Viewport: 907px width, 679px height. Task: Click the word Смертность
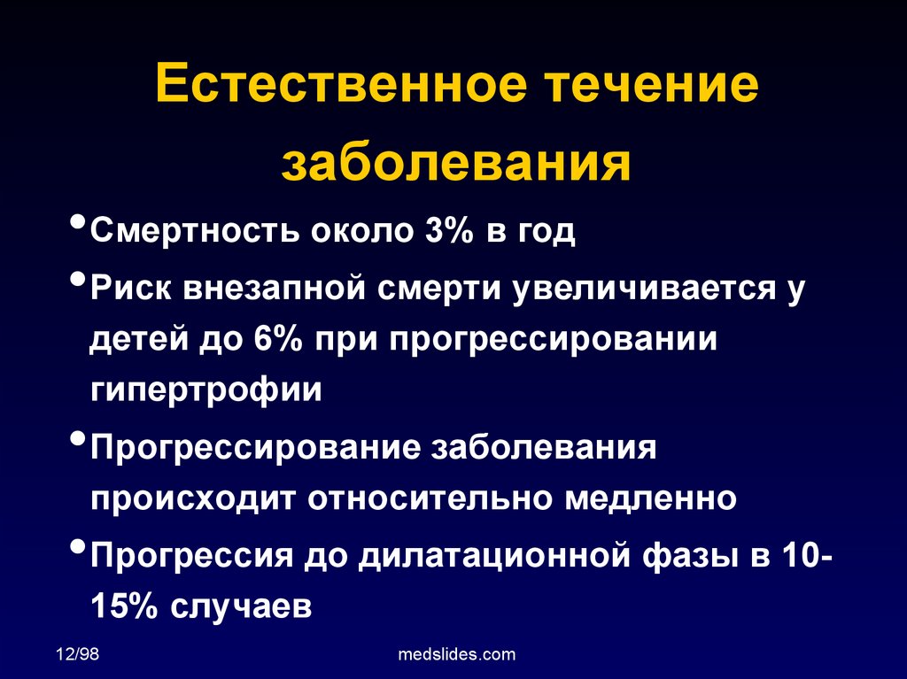coord(195,230)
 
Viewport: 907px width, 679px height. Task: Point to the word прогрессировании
coord(553,341)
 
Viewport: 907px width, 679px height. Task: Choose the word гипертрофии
coord(205,390)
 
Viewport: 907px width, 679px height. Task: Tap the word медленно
coord(651,498)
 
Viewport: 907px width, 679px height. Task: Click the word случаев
coord(241,606)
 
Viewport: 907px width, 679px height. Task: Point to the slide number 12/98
coord(78,653)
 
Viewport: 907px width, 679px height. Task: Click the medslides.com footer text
coord(457,654)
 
